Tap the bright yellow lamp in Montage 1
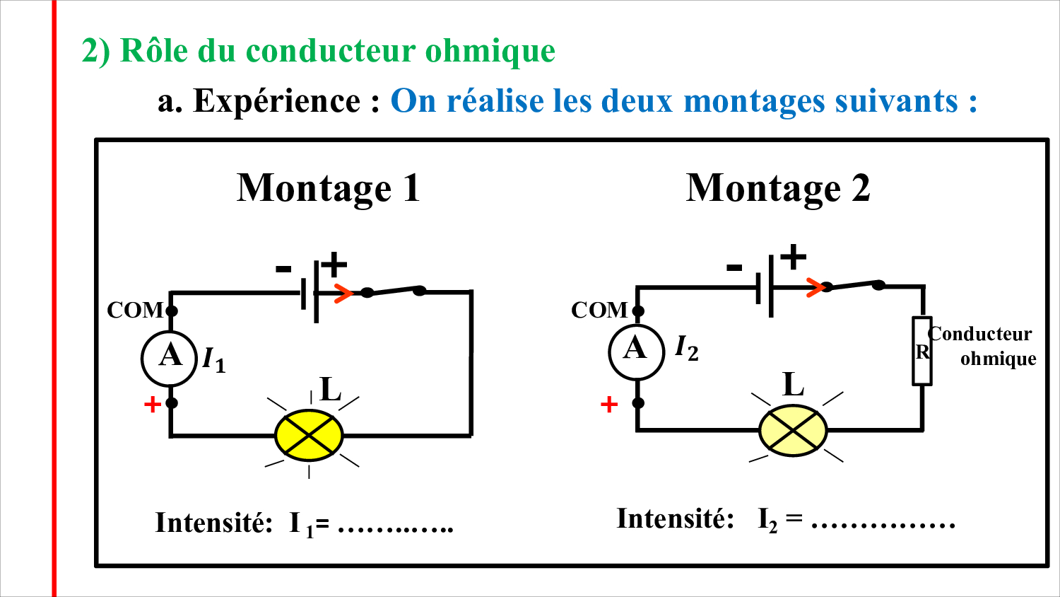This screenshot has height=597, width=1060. click(x=309, y=435)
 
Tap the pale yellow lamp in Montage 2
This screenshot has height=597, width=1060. click(x=793, y=430)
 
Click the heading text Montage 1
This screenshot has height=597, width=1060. click(x=329, y=188)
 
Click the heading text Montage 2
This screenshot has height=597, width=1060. click(x=778, y=188)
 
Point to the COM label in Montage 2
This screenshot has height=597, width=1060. click(x=599, y=311)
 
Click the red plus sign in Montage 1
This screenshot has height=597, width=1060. click(x=153, y=405)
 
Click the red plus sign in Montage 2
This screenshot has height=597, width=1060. click(x=609, y=405)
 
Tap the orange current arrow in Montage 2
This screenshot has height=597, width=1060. click(x=815, y=287)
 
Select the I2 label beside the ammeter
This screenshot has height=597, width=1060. click(x=687, y=348)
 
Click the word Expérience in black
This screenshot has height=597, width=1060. click(x=277, y=101)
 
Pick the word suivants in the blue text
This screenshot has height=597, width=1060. click(x=897, y=101)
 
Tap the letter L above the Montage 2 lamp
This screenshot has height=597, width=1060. click(x=794, y=384)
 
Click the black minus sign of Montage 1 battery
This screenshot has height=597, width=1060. click(x=283, y=269)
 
